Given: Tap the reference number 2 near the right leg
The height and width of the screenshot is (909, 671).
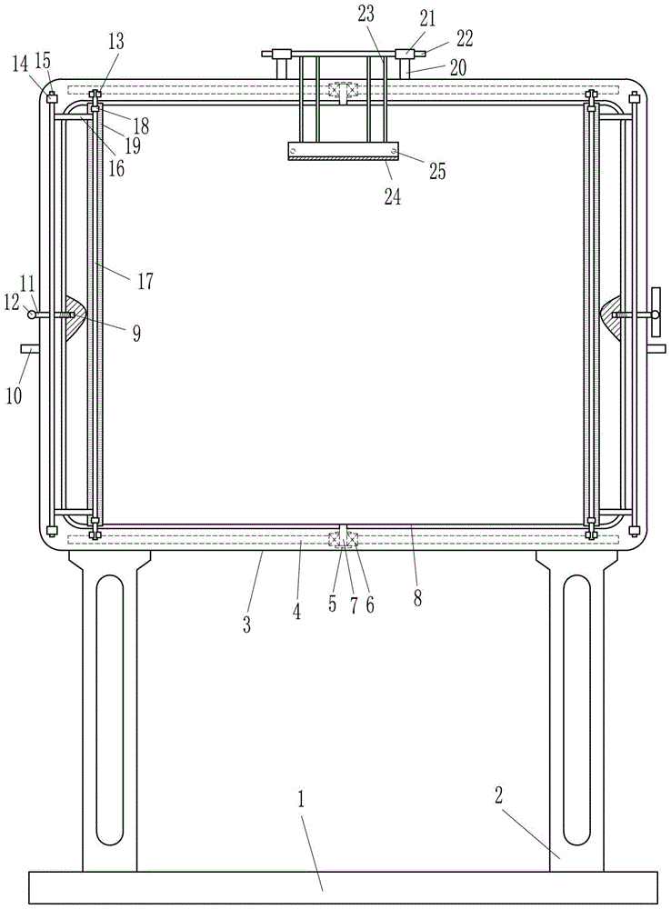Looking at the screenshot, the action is pyautogui.click(x=499, y=796).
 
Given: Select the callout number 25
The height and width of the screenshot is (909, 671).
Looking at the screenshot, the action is pyautogui.click(x=437, y=172).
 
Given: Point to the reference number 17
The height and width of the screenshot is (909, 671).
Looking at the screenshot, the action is pyautogui.click(x=145, y=281).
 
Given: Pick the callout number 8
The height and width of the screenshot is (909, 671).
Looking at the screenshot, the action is pyautogui.click(x=417, y=598).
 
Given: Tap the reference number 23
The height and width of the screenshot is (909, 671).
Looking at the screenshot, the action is pyautogui.click(x=366, y=14).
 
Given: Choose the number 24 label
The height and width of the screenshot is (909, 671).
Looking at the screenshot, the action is pyautogui.click(x=393, y=197).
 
